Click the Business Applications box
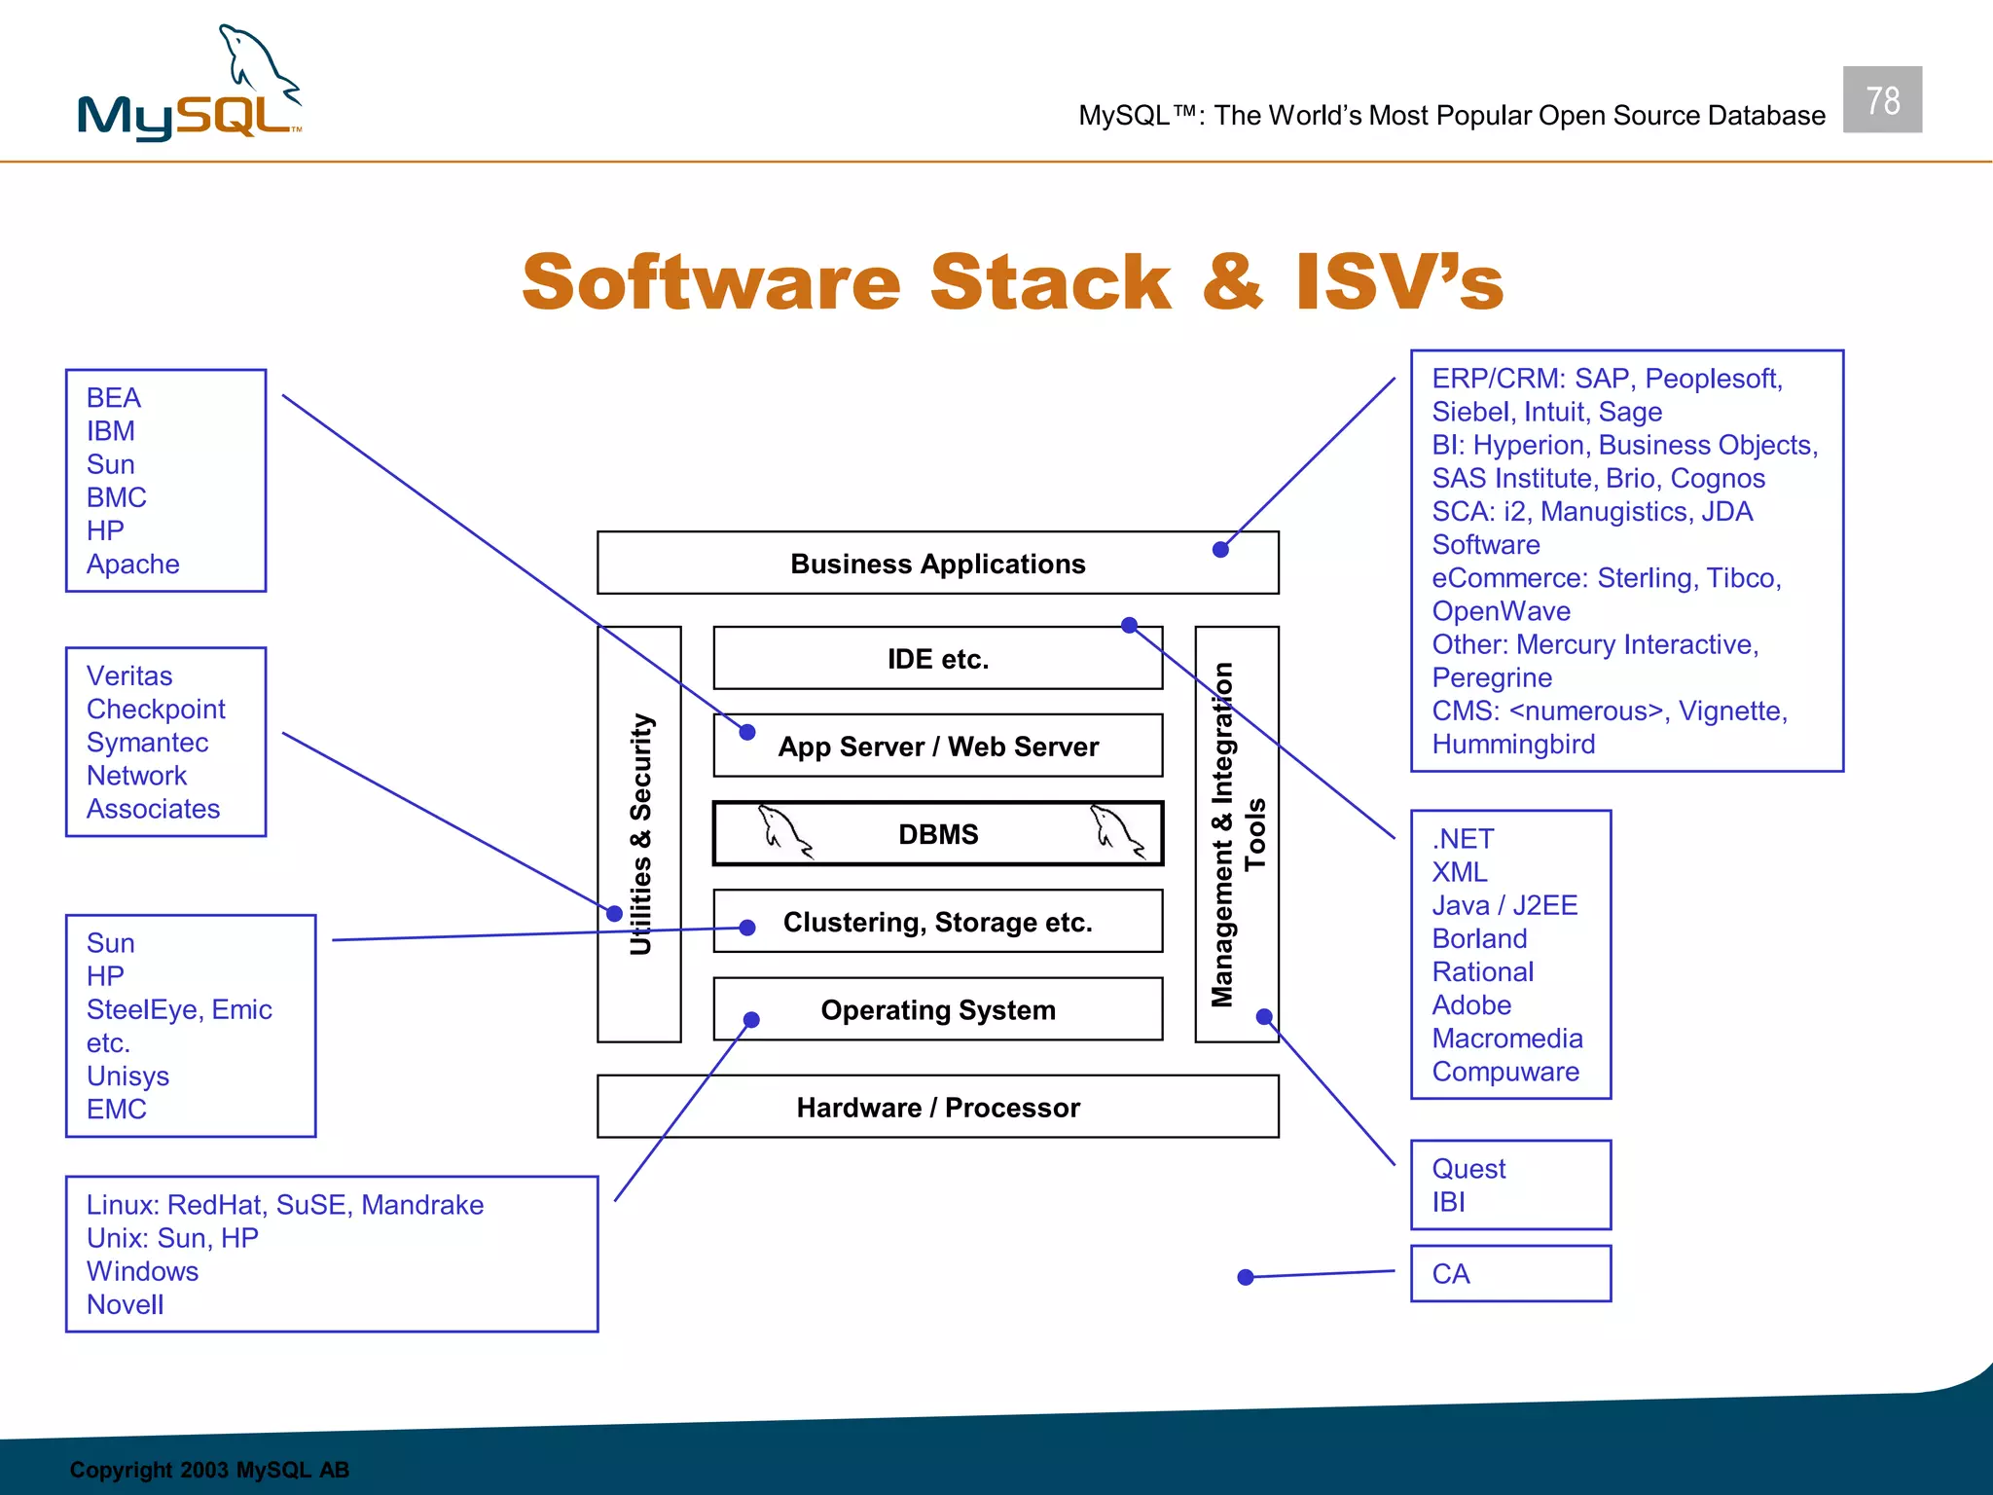pyautogui.click(x=937, y=564)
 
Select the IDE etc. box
pyautogui.click(x=937, y=659)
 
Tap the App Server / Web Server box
pyautogui.click(x=937, y=747)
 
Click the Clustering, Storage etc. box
pyautogui.click(x=937, y=922)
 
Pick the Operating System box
pyautogui.click(x=937, y=1009)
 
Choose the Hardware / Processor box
pyautogui.click(x=937, y=1108)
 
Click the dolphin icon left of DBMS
pyautogui.click(x=784, y=832)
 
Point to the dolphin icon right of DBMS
pyautogui.click(x=1117, y=832)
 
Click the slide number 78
pyautogui.click(x=1882, y=100)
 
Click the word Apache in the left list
pyautogui.click(x=133, y=565)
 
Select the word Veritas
pyautogui.click(x=129, y=675)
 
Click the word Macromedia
pyautogui.click(x=1506, y=1039)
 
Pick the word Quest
pyautogui.click(x=1468, y=1169)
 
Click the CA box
pyautogui.click(x=1510, y=1273)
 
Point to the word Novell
pyautogui.click(x=126, y=1304)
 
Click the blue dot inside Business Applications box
pyautogui.click(x=1220, y=550)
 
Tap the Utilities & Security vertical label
pyautogui.click(x=640, y=834)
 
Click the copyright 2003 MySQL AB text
pyautogui.click(x=209, y=1470)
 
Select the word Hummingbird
pyautogui.click(x=1513, y=745)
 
